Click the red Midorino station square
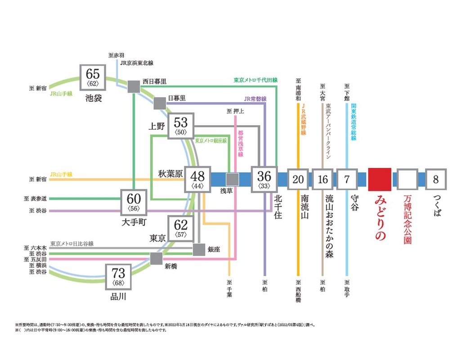tap(380, 179)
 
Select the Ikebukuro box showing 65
tap(93, 77)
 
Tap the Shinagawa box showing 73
tap(118, 277)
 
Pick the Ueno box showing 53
tap(181, 126)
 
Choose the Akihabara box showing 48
tap(197, 180)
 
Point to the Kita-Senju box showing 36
tap(264, 180)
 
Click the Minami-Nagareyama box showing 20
tap(298, 180)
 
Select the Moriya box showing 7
tap(347, 180)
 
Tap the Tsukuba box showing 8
tap(435, 180)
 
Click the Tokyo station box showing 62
tap(181, 229)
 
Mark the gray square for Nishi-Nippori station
tap(134, 87)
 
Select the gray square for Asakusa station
tap(233, 179)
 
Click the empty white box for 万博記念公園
tap(407, 180)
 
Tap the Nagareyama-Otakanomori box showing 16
tap(322, 180)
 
